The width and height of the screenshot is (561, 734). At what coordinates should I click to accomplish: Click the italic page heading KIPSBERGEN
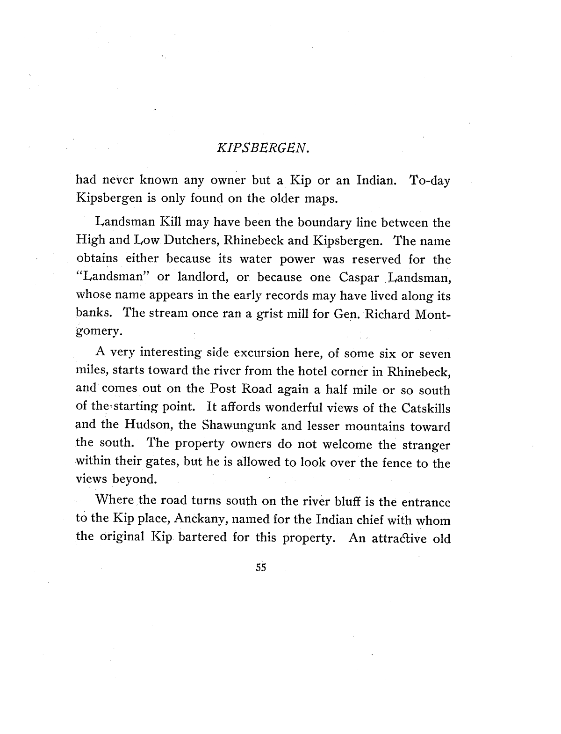263,148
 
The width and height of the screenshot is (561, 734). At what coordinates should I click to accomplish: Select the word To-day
429,181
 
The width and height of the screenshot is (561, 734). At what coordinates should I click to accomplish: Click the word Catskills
425,408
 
